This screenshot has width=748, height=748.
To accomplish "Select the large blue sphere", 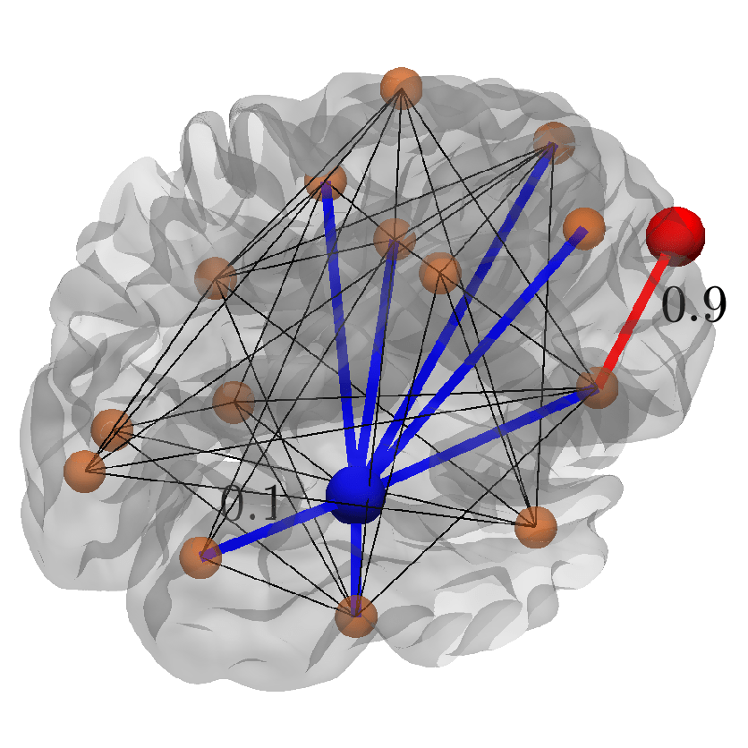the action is coord(355,494).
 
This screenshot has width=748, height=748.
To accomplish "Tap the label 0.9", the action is coord(693,307).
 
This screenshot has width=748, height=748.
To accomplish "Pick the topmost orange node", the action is coord(400,88).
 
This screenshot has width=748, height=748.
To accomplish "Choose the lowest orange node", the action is coord(356,616).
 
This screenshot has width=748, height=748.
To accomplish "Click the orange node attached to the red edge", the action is coord(595,387).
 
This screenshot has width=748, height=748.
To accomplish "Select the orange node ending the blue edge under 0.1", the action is coord(200,557).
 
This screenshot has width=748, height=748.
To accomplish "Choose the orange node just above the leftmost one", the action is coord(112,429).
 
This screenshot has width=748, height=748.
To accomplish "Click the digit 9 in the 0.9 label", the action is coord(710,307).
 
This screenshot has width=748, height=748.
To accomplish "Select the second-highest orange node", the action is coord(554,142).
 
